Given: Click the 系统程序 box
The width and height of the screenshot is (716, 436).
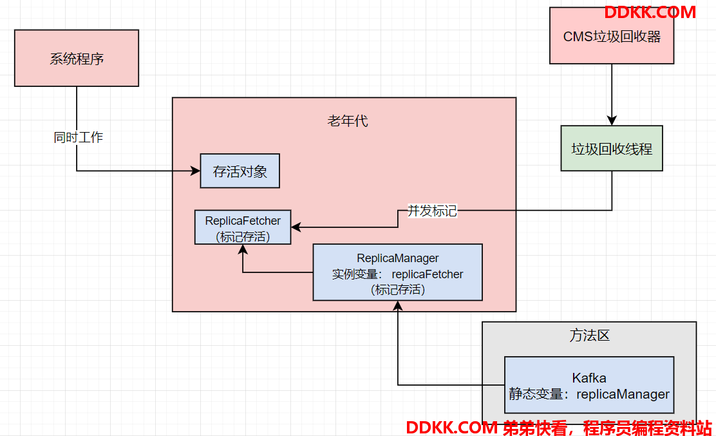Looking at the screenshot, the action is (77, 58).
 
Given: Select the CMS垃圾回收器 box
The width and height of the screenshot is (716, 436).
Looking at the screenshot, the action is (612, 35).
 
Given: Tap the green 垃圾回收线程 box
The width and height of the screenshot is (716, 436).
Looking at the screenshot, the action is (612, 148).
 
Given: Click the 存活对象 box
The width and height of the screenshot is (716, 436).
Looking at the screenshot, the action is (240, 171).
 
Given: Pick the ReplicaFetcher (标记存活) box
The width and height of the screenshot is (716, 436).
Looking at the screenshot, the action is (243, 227).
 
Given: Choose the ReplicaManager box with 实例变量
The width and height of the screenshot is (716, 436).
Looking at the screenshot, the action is (397, 272).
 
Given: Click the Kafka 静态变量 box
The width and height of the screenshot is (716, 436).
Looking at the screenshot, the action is (589, 385).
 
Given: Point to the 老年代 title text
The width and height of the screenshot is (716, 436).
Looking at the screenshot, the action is (348, 121).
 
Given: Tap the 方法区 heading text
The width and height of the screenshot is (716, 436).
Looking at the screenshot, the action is (589, 336).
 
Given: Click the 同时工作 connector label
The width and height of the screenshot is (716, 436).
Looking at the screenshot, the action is (78, 137).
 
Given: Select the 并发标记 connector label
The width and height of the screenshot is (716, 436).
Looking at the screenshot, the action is (432, 211).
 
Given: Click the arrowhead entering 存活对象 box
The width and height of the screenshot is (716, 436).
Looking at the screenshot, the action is (196, 171).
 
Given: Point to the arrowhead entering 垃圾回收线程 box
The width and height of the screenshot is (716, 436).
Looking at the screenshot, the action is (612, 120).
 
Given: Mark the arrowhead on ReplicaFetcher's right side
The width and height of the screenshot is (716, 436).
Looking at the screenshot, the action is (296, 227).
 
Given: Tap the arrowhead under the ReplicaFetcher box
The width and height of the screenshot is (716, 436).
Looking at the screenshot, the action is (243, 250).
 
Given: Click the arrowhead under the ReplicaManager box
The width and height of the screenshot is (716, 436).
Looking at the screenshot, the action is (398, 306).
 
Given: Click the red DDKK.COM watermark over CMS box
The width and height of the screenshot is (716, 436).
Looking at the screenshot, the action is (650, 12).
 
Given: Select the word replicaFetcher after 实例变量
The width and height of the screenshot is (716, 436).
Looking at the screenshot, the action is (428, 274).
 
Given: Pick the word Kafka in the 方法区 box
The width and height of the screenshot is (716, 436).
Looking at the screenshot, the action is (589, 377).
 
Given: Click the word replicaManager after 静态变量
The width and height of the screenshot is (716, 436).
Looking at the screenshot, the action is (623, 394).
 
